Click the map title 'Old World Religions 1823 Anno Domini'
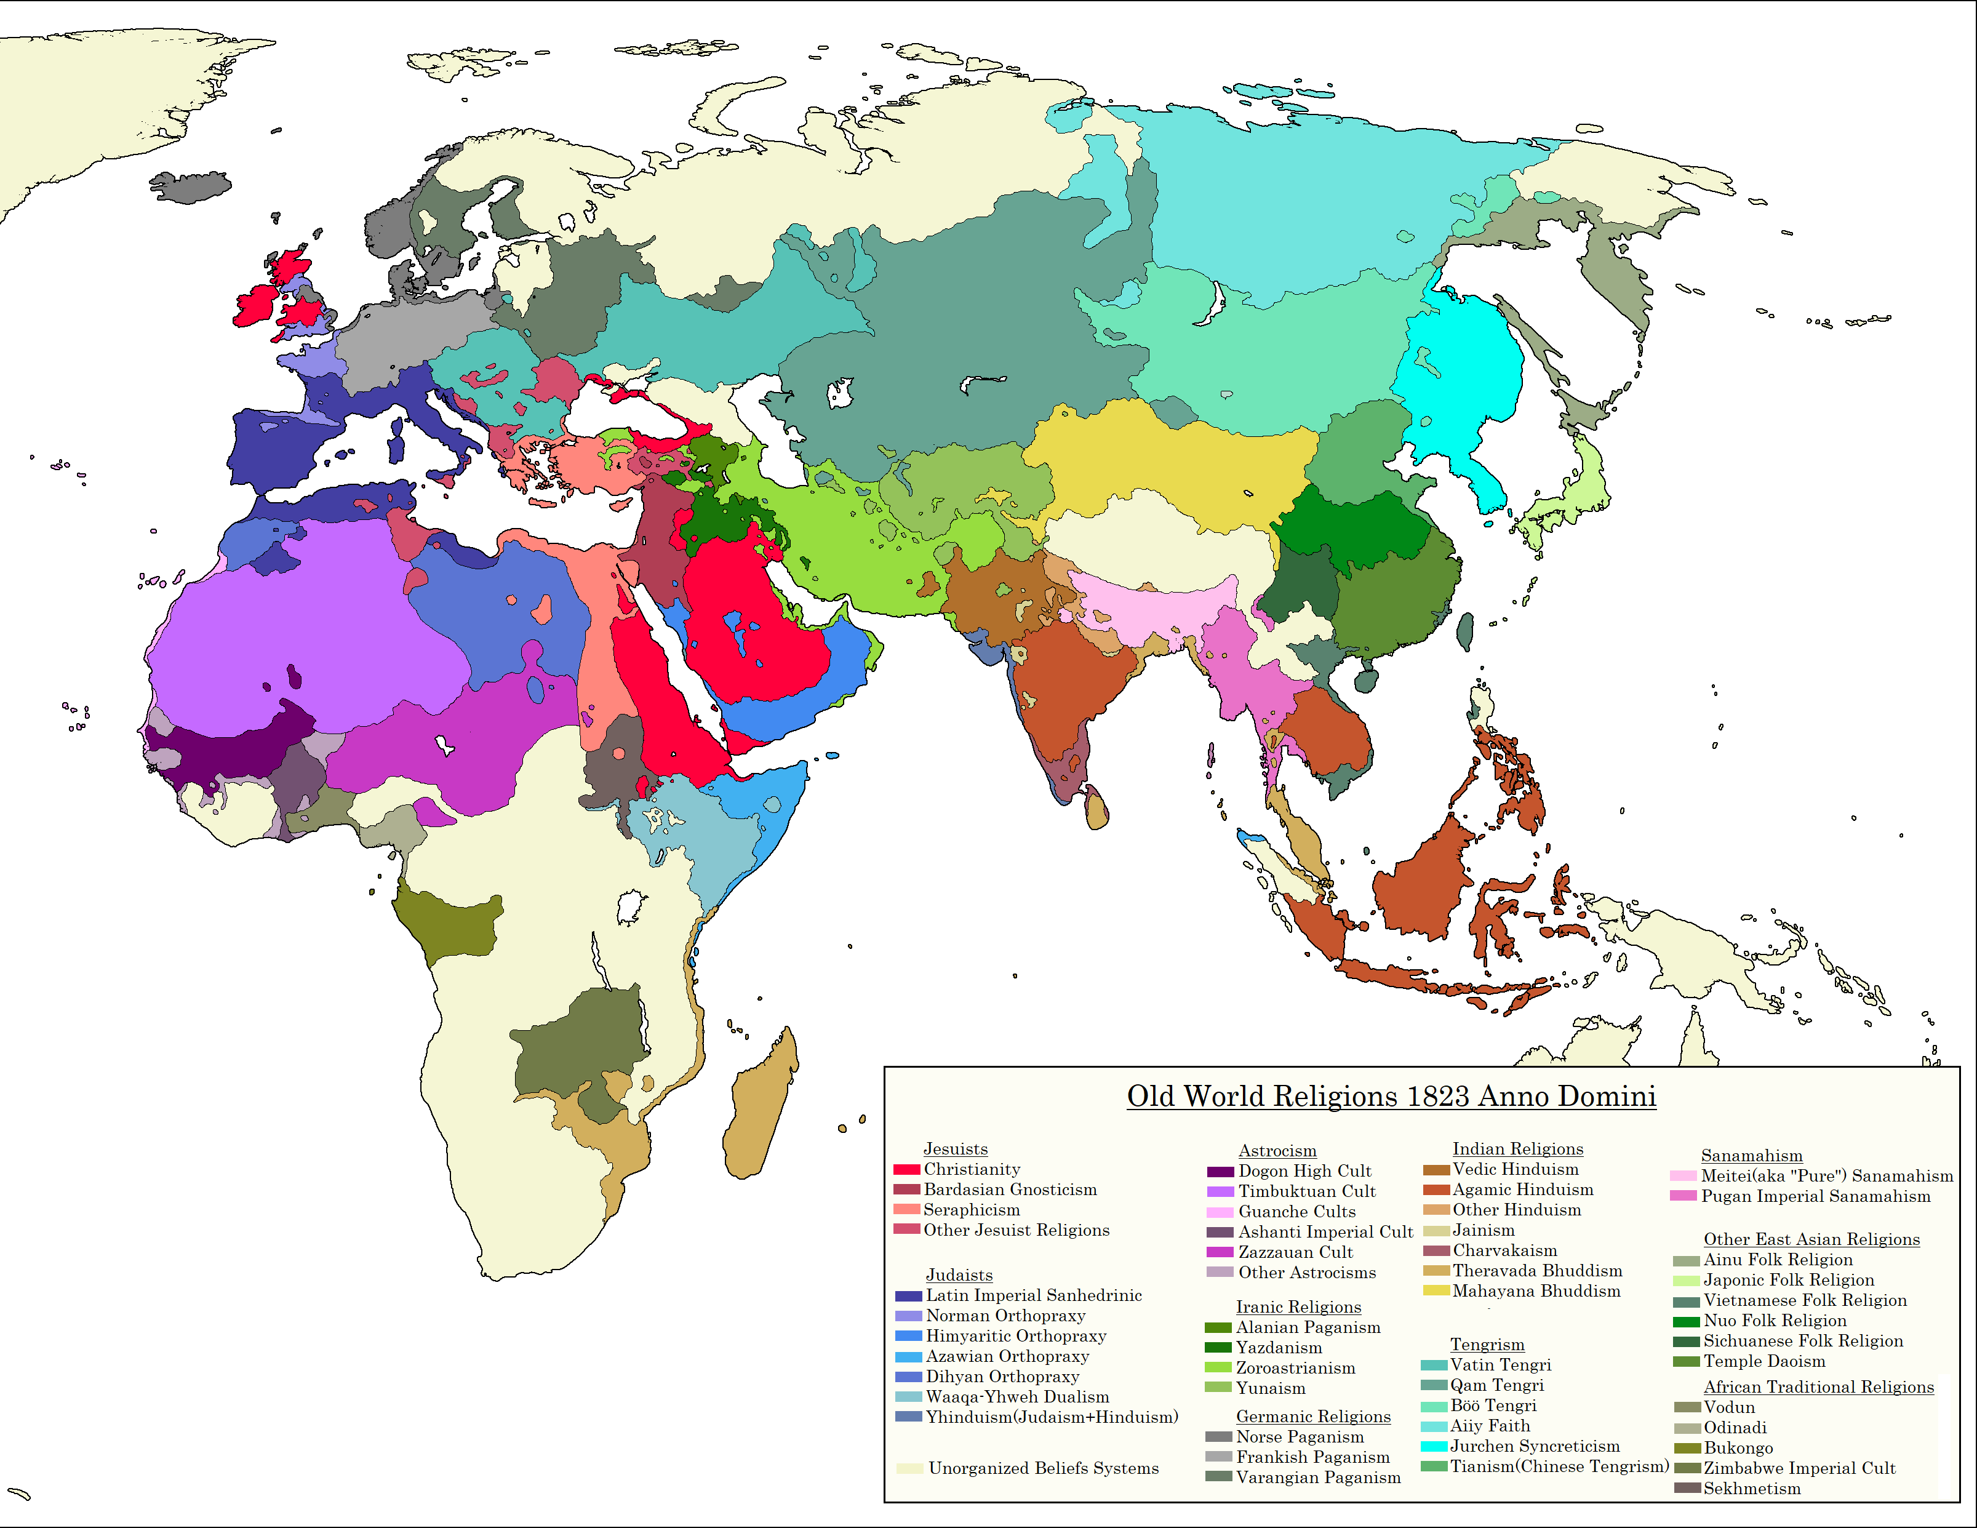[1391, 1096]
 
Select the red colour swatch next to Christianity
[906, 1169]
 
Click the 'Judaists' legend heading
[959, 1274]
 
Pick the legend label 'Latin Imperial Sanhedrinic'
[1033, 1295]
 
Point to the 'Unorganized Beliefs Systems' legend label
[1043, 1467]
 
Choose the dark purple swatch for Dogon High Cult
[1220, 1171]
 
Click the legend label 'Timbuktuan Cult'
[1306, 1191]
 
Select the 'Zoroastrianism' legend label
[1295, 1368]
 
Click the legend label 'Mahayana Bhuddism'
[1536, 1291]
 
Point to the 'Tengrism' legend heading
[1487, 1344]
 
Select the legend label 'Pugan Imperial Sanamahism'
[1815, 1196]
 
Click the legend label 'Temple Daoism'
[1763, 1361]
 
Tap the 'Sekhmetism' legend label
[1752, 1488]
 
